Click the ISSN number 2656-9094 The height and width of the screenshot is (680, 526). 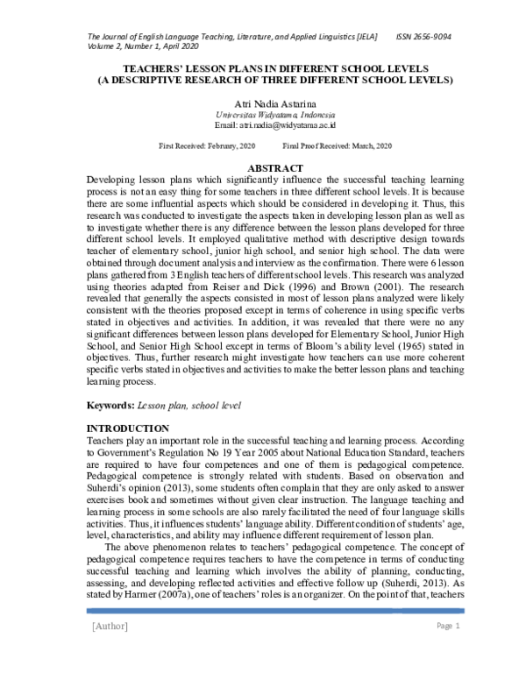coord(423,36)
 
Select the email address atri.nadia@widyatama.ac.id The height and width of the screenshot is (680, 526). coord(263,125)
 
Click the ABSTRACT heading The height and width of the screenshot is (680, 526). coord(263,166)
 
